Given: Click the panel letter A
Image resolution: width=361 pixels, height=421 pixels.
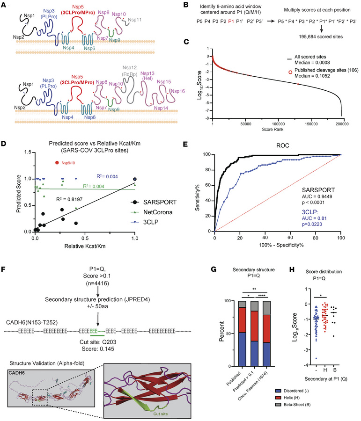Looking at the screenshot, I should coord(4,4).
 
